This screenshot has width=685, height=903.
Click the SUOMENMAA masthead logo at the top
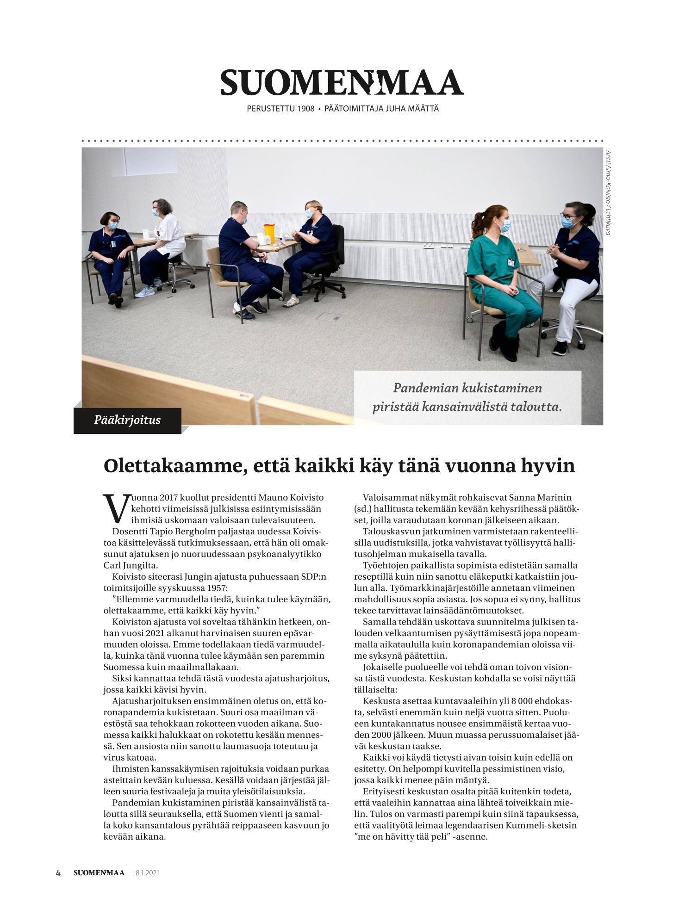(x=342, y=82)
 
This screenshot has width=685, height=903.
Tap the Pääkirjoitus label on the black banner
(x=127, y=421)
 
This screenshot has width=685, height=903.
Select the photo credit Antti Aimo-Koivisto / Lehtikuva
(x=608, y=192)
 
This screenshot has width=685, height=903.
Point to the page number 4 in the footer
(x=58, y=873)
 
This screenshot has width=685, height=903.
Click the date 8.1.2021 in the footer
(x=147, y=873)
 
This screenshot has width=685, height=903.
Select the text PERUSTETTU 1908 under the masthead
(x=280, y=109)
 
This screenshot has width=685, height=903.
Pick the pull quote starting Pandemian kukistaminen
(x=467, y=397)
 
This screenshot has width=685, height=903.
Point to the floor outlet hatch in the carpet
(x=329, y=316)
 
